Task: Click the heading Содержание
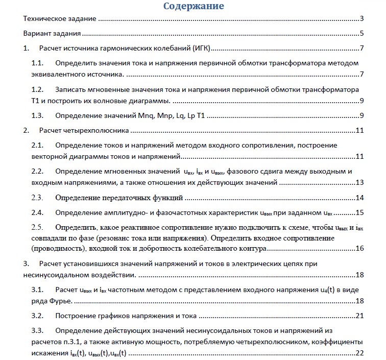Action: [x=194, y=7]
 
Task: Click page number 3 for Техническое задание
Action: [x=361, y=19]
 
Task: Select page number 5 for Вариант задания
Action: [x=361, y=34]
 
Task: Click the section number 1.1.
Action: [x=38, y=63]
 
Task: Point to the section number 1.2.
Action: [x=38, y=89]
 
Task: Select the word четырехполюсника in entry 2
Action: [x=95, y=130]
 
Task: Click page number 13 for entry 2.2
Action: [x=359, y=182]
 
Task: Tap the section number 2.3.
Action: [x=38, y=198]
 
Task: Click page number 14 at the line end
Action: [x=359, y=198]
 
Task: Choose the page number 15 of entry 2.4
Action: [x=359, y=212]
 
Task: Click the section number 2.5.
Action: [x=38, y=227]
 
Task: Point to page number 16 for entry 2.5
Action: [x=359, y=249]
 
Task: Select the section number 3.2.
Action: [x=38, y=316]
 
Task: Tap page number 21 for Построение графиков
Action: [x=359, y=316]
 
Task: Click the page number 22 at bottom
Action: [x=359, y=353]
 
